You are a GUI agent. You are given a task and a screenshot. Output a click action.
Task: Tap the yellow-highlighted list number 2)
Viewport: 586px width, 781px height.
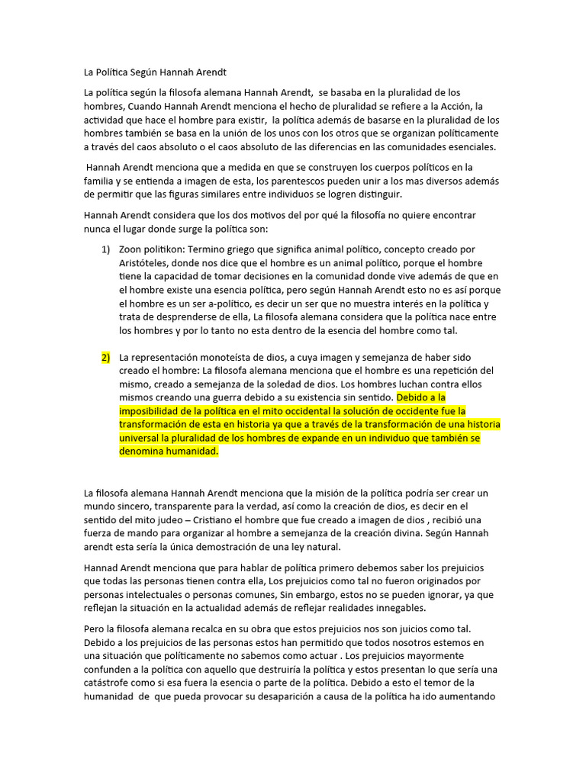tap(106, 357)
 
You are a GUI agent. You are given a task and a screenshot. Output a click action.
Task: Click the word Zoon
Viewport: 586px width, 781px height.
tap(131, 249)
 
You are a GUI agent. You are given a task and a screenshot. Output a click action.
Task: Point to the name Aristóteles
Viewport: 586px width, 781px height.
tap(146, 262)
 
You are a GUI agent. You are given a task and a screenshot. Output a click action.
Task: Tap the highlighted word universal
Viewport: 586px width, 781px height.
tap(141, 438)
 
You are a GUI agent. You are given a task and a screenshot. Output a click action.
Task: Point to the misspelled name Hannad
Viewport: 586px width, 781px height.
tap(103, 567)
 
